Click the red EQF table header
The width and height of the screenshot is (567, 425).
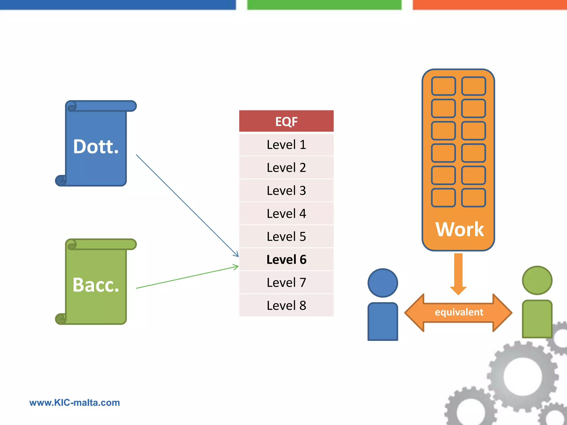[x=286, y=121]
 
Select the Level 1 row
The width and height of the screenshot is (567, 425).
[x=286, y=145]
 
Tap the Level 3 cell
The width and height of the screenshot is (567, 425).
[x=286, y=191]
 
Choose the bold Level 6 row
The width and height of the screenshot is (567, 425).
[x=286, y=260]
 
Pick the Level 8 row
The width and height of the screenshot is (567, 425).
[x=286, y=305]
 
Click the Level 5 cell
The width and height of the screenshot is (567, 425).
[x=286, y=237]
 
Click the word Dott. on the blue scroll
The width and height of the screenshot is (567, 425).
[x=96, y=146]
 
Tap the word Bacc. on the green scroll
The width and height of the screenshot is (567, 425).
[x=96, y=285]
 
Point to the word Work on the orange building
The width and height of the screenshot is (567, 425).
[x=460, y=229]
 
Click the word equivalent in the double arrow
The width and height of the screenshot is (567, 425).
[x=459, y=312]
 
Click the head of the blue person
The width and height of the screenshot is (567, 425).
[x=383, y=283]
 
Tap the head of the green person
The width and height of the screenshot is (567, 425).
[x=537, y=280]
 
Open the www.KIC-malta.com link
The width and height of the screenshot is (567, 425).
[x=74, y=403]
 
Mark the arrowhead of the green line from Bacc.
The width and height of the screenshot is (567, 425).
[x=236, y=267]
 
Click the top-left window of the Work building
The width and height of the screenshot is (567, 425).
[x=443, y=86]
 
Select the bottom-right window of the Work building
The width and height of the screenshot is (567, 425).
[x=473, y=198]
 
